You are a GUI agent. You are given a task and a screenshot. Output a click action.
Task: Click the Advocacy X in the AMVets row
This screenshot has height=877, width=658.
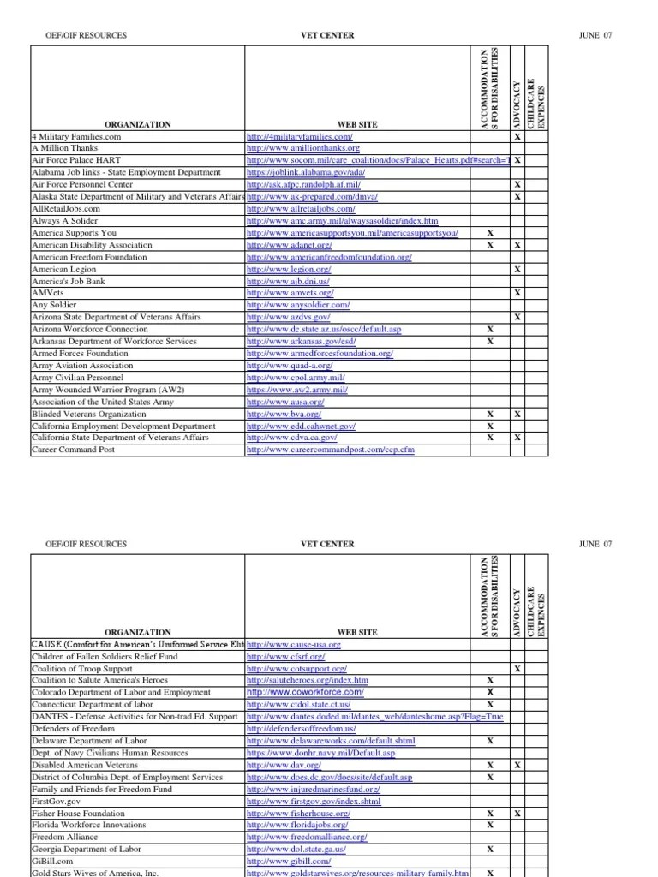pos(517,293)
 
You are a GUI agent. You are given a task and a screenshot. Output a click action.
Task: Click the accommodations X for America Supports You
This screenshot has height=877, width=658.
pos(490,233)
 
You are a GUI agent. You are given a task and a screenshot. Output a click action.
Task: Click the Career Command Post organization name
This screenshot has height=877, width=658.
pos(73,450)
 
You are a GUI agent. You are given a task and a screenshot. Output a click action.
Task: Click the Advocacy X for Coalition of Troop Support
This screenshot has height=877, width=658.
pos(517,668)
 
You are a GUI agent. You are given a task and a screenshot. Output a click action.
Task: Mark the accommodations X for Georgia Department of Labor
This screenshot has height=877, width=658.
pos(490,850)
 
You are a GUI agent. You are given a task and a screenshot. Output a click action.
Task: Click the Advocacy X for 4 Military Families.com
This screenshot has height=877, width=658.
pos(517,136)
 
